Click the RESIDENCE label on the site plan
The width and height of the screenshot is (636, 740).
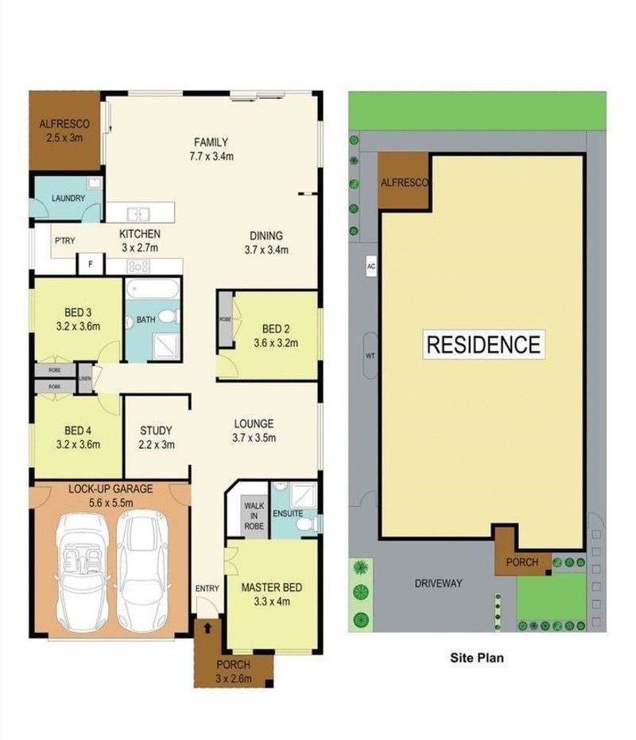point(483,345)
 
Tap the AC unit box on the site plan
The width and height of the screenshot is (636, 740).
point(371,267)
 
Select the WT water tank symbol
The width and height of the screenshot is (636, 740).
point(370,356)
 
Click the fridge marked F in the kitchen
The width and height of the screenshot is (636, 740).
point(90,264)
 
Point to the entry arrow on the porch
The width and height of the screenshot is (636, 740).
point(207,628)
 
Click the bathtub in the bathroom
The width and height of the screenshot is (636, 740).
point(153,288)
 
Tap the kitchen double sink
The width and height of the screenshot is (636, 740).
point(138,214)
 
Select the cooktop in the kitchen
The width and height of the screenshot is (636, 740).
point(138,267)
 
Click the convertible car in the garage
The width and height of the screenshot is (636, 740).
point(83,572)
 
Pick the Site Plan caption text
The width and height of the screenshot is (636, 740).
point(477,658)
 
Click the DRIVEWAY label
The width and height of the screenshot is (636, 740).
point(439,583)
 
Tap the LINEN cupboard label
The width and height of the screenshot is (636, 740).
point(85,379)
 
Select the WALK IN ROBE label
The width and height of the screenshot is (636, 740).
point(254,516)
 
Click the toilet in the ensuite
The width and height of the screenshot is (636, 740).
point(310,524)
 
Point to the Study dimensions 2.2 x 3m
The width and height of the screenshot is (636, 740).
point(157,445)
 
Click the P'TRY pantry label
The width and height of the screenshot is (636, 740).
point(64,240)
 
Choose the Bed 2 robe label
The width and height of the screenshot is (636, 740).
point(225,320)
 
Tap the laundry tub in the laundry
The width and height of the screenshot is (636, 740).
point(95,184)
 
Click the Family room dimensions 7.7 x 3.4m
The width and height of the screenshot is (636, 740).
point(211,156)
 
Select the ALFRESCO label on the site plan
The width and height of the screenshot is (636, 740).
point(405,183)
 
